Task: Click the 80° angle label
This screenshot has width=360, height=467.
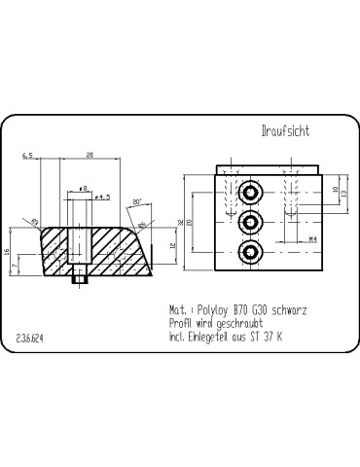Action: (136, 201)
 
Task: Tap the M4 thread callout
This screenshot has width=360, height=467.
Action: (313, 237)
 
